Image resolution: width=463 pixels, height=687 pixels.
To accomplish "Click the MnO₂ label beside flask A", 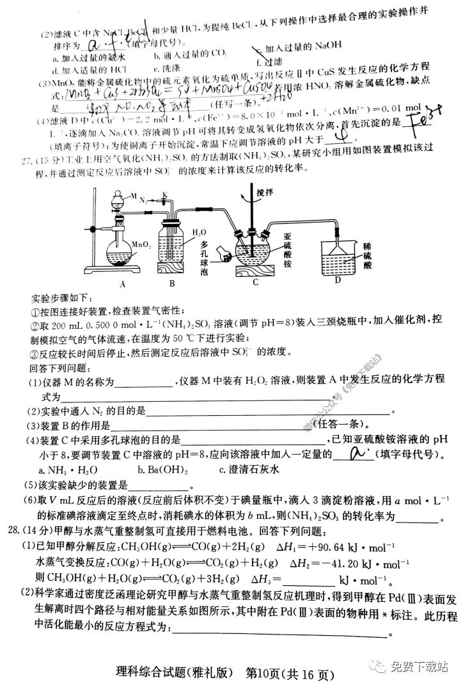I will (141, 244).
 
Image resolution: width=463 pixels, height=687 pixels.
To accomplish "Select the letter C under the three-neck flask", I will (255, 281).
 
